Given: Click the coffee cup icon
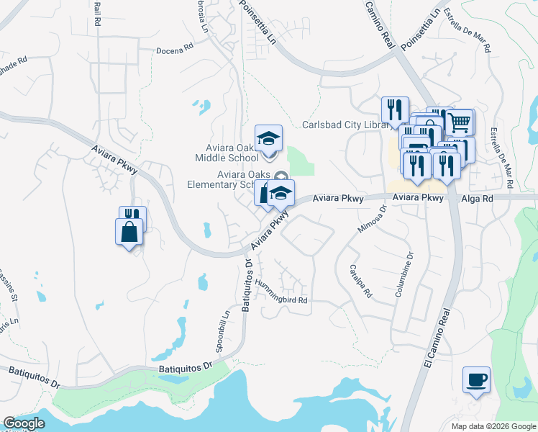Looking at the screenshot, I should coord(476,379).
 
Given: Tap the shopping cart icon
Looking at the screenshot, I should coord(459,122).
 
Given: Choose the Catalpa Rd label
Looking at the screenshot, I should coord(360,281).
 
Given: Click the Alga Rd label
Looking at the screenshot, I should coord(487,197).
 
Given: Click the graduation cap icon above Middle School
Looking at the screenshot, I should coord(269,138).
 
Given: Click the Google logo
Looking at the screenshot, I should coord(24,423).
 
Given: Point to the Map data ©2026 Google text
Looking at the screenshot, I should coord(493,426).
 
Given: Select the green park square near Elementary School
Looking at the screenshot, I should coord(301,161).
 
